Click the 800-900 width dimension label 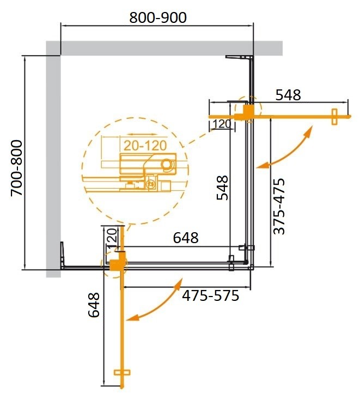tap(158, 18)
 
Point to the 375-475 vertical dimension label tap(279, 207)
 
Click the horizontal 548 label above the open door tap(288, 95)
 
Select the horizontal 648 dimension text tap(186, 238)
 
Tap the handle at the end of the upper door tap(334, 116)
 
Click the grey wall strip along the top tap(163, 48)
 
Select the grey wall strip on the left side tap(53, 164)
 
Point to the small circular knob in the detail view tap(167, 164)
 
